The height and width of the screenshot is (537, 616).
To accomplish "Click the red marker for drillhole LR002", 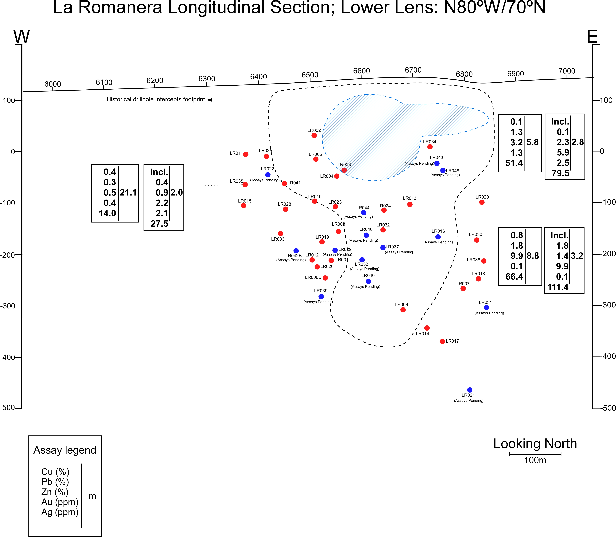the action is click(x=314, y=135).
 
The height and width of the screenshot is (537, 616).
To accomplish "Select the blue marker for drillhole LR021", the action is click(x=470, y=390).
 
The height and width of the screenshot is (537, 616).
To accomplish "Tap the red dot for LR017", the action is click(x=442, y=341).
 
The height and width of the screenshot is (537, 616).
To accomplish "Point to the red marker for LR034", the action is click(x=430, y=147).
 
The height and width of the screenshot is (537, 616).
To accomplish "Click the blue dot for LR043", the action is click(x=437, y=163).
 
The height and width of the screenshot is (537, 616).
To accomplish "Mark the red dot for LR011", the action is click(x=246, y=154).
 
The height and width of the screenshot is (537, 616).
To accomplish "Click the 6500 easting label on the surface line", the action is click(x=310, y=75).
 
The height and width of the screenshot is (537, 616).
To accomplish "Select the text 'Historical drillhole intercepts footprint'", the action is click(x=156, y=99).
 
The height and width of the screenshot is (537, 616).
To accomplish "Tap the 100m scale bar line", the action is click(x=535, y=454).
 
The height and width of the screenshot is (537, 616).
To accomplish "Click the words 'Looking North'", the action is click(x=535, y=444).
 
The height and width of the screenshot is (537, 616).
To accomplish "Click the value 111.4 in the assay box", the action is click(x=558, y=287).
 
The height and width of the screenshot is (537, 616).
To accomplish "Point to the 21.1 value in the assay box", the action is click(x=128, y=193).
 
